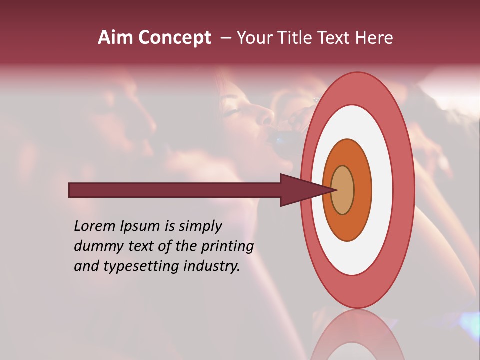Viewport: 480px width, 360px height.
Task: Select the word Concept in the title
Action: pos(175,38)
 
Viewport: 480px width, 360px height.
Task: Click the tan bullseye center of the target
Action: pos(343,190)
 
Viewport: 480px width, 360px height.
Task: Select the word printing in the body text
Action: pos(227,247)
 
